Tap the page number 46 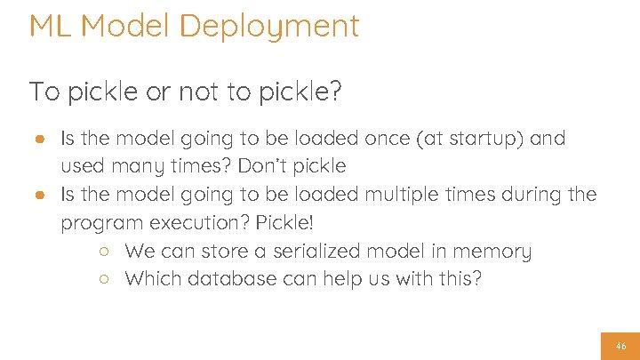(x=620, y=346)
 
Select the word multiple (x=407, y=195)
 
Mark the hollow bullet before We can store (x=104, y=252)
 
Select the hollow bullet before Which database (x=104, y=279)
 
